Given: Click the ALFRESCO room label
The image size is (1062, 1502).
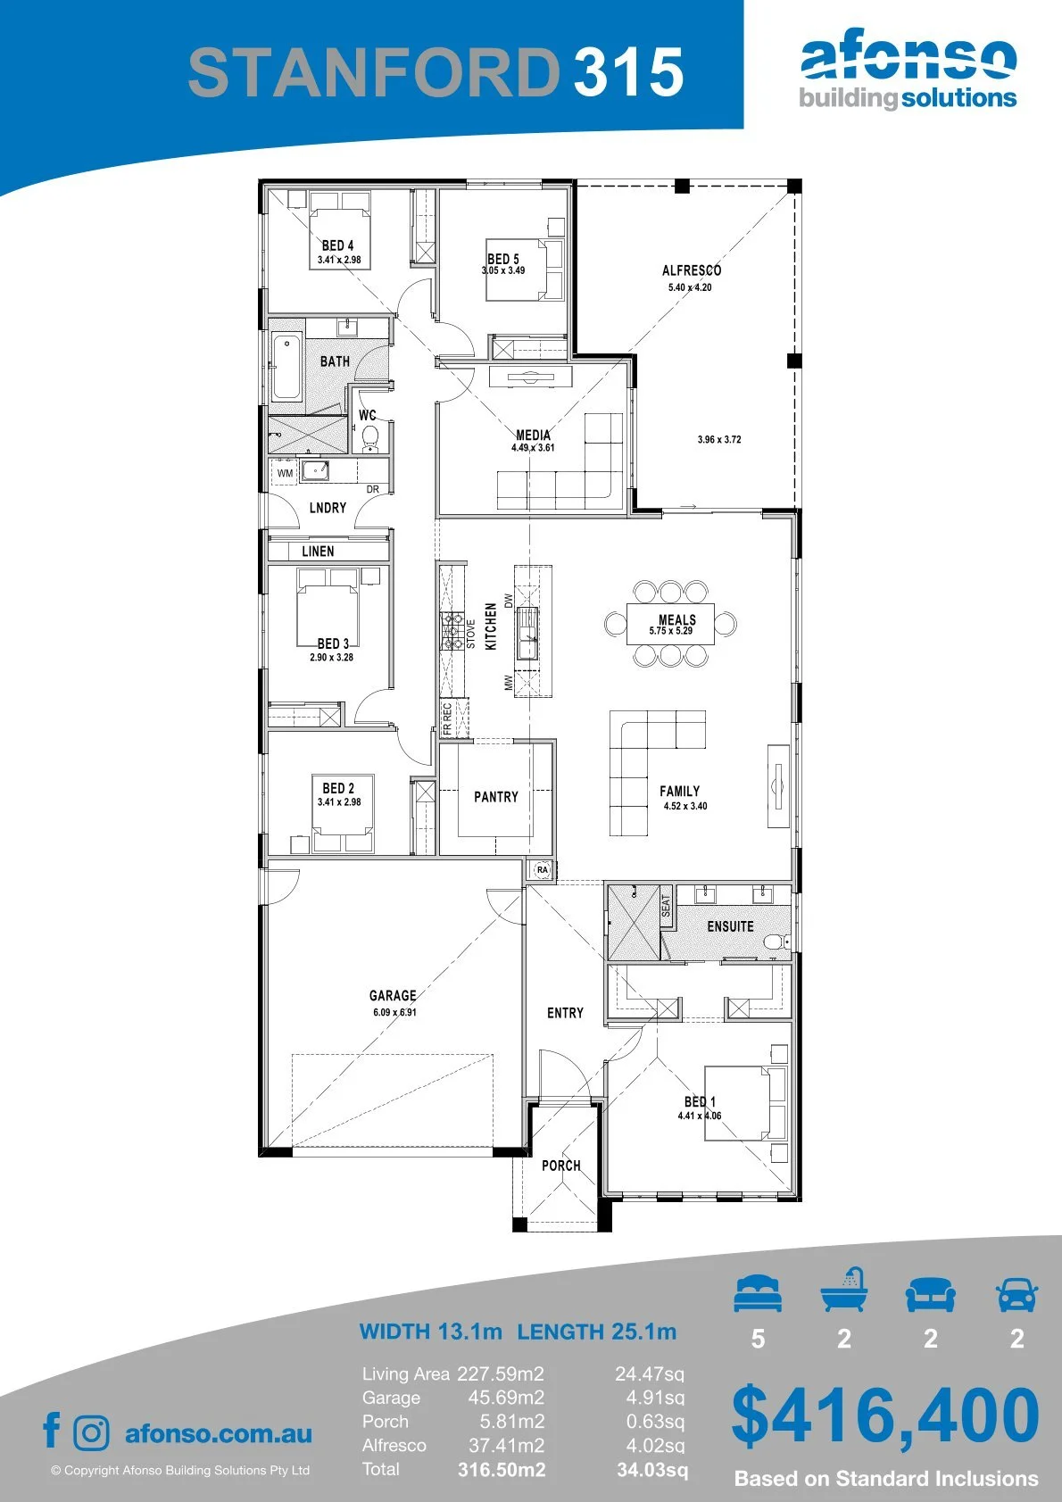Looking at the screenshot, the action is click(692, 270).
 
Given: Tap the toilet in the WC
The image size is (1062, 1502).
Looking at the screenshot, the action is click(370, 436).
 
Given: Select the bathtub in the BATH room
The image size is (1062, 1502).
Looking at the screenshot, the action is click(286, 368).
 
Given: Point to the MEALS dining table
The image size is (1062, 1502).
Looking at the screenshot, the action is click(670, 624).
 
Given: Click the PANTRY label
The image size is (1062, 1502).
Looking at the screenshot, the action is click(496, 797).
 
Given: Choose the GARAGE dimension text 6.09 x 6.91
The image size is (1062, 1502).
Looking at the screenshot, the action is click(394, 1012).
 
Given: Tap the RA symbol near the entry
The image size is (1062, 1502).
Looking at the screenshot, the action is click(542, 869).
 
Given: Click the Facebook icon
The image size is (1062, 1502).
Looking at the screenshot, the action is click(52, 1430).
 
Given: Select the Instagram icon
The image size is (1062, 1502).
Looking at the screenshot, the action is click(91, 1432).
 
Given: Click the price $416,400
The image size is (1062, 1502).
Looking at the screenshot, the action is click(885, 1416).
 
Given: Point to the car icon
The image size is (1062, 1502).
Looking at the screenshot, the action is click(1017, 1293).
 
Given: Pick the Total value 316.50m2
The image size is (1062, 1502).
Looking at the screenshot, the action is click(502, 1471).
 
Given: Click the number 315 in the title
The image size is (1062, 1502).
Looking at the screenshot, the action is click(629, 71).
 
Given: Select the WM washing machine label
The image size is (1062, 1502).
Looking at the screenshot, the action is click(285, 473).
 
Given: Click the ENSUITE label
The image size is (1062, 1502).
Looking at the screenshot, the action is click(730, 926).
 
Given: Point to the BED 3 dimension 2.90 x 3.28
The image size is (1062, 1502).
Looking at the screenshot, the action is click(331, 657).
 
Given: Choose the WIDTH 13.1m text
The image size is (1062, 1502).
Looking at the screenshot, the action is click(430, 1331).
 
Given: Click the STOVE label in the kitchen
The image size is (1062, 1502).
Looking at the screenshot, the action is click(470, 634).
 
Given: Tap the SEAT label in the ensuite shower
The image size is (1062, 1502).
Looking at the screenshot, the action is click(666, 906).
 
